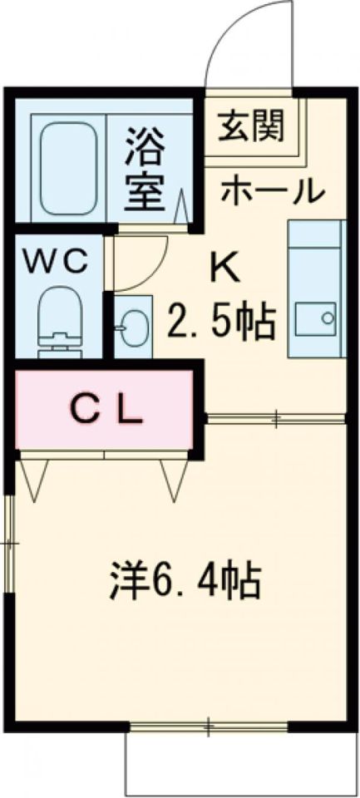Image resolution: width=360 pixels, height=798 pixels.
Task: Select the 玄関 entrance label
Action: (251, 126)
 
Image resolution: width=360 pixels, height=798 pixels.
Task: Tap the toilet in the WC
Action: (62, 319)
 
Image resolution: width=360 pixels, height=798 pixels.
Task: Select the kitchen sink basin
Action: (316, 317)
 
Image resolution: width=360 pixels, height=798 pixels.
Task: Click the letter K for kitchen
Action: (224, 268)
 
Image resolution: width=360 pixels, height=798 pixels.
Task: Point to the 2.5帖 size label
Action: (221, 320)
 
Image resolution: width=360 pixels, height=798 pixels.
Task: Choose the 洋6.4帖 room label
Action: (185, 581)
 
